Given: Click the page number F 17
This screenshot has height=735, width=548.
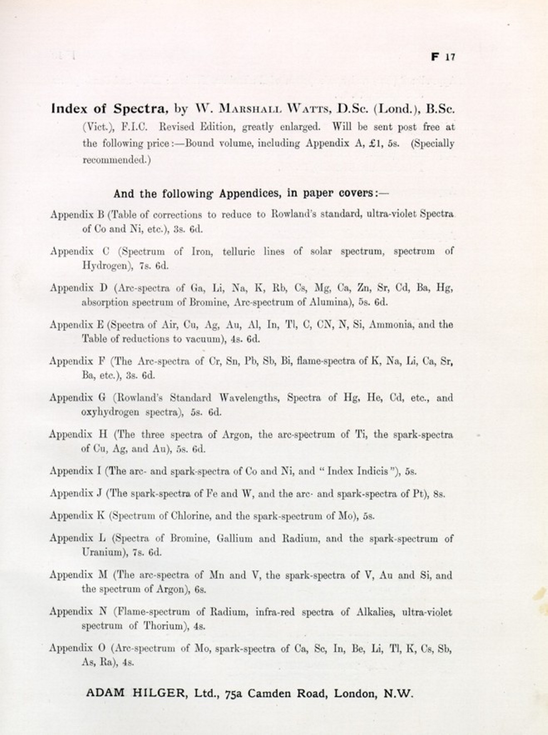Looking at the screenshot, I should pos(443,57).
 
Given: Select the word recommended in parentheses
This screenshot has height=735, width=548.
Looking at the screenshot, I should pos(116,160).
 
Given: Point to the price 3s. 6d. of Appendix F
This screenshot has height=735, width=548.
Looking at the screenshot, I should pos(140,375).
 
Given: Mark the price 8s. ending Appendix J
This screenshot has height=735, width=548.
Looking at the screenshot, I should pos(439,494).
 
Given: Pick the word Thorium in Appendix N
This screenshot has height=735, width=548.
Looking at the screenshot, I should pos(163,626).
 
